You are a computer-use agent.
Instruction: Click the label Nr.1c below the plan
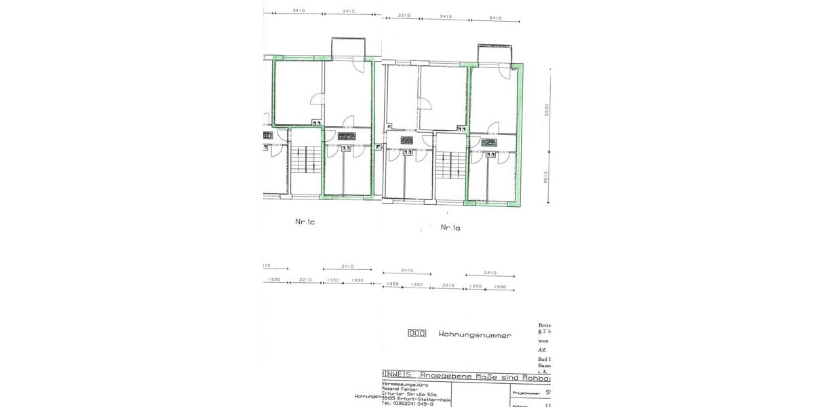click(x=304, y=221)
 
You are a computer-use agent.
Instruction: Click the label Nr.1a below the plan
click(x=450, y=227)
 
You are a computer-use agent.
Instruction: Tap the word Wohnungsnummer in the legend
click(x=475, y=334)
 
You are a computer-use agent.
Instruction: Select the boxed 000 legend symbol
click(x=416, y=333)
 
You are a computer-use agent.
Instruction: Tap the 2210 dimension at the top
click(x=405, y=16)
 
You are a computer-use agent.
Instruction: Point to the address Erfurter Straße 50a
click(x=409, y=394)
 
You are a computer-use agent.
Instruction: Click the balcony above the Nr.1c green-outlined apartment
click(x=348, y=48)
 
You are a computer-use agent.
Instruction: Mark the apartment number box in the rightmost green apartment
click(x=489, y=143)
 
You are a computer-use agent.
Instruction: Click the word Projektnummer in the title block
click(x=525, y=392)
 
